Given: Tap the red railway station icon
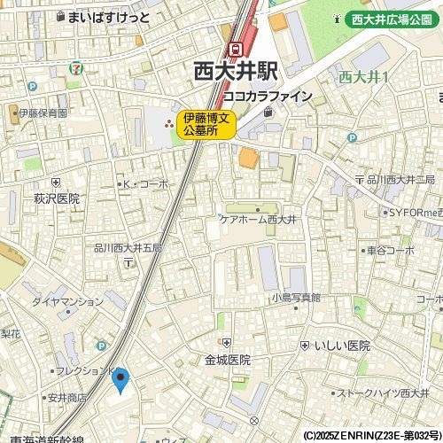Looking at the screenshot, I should tap(237, 50).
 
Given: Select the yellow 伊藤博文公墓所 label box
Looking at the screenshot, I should tap(206, 123).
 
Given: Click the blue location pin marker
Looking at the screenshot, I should tap(121, 380).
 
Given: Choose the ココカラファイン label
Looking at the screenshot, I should tap(267, 96).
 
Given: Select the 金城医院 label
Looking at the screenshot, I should tap(228, 360).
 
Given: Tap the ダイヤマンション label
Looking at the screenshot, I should tap(68, 301).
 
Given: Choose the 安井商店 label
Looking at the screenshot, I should tap(67, 398).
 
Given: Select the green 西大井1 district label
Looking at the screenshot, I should tap(364, 77).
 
